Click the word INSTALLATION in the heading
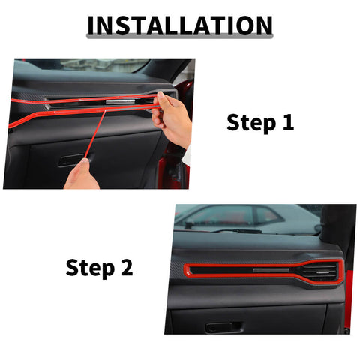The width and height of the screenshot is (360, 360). [180, 25]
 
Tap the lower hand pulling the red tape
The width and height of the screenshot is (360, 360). [80, 177]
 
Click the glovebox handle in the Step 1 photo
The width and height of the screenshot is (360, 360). [71, 159]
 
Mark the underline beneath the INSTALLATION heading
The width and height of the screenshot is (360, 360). [180, 38]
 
